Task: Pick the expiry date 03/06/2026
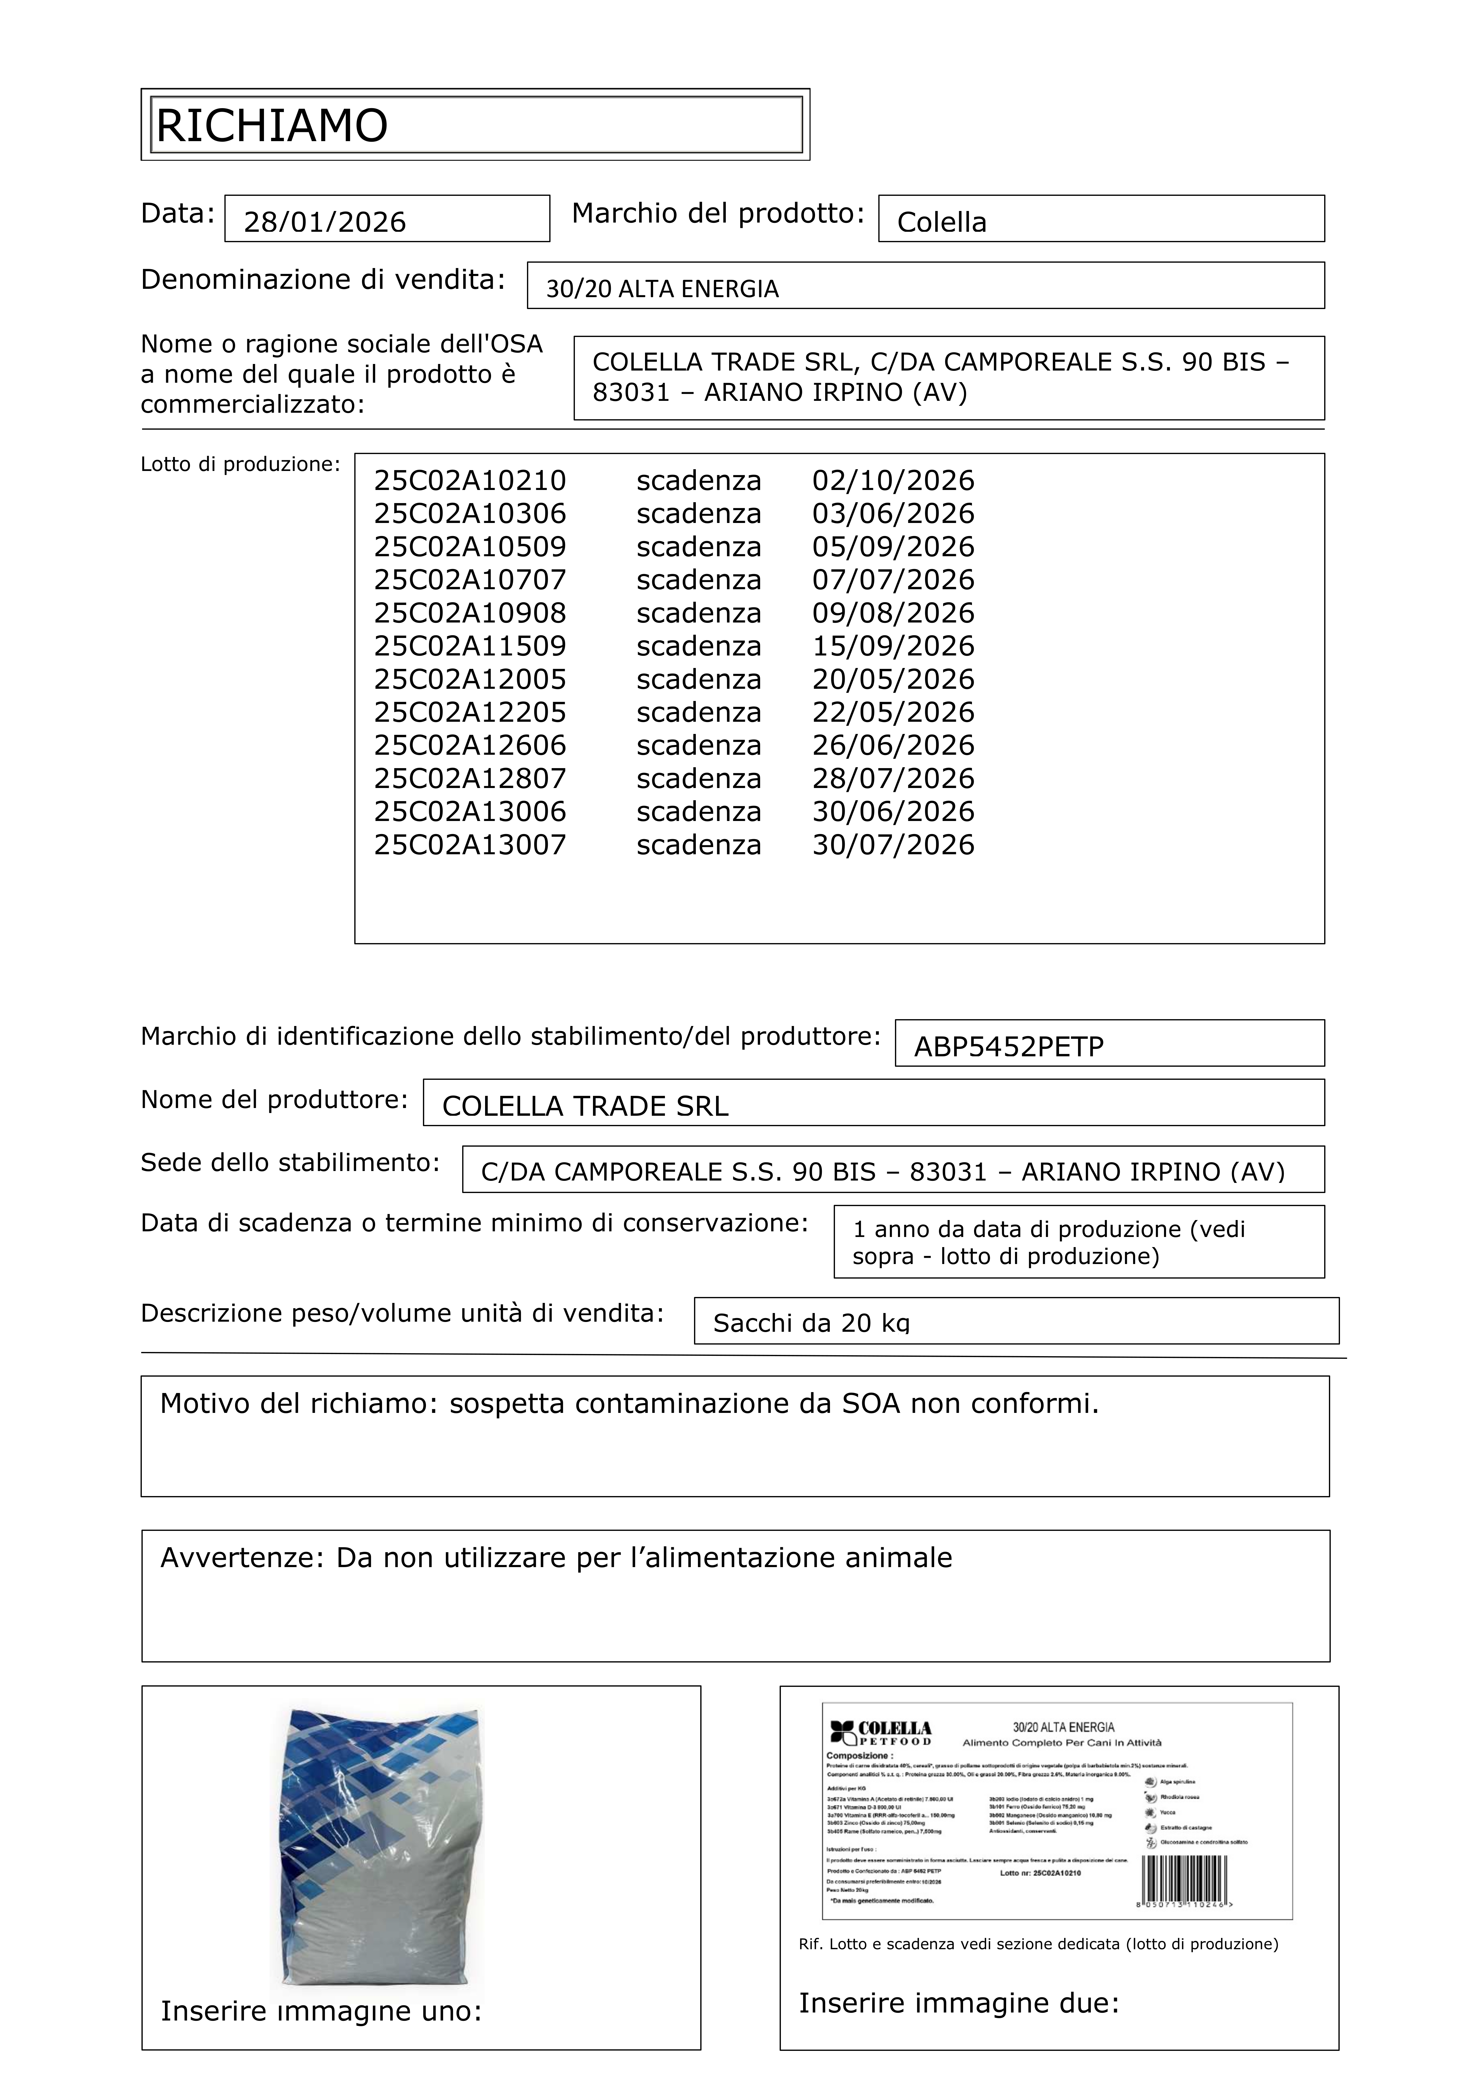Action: click(x=893, y=514)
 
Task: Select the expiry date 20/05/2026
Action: click(x=893, y=679)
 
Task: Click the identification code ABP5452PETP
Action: click(x=1008, y=1047)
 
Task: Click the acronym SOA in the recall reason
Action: click(x=870, y=1404)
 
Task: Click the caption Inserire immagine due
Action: click(x=958, y=2002)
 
